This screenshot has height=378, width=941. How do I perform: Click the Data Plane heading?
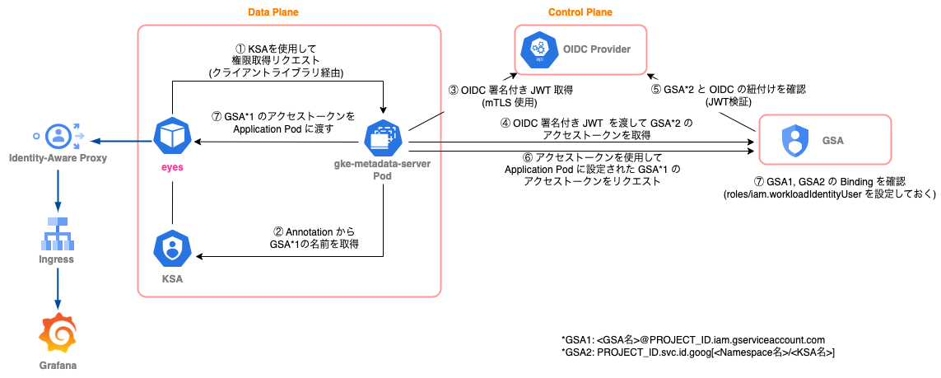pyautogui.click(x=273, y=12)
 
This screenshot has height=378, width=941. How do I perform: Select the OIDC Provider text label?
pyautogui.click(x=598, y=49)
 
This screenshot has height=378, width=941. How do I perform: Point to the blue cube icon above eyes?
pyautogui.click(x=172, y=137)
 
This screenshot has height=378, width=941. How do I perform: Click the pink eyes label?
pyautogui.click(x=172, y=166)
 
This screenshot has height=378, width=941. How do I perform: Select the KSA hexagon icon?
pyautogui.click(x=172, y=248)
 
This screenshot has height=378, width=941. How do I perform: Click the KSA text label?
pyautogui.click(x=172, y=280)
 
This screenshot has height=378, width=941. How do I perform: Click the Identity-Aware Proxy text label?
pyautogui.click(x=57, y=157)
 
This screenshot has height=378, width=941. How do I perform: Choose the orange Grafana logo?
pyautogui.click(x=58, y=333)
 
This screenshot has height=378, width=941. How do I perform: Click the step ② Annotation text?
pyautogui.click(x=315, y=237)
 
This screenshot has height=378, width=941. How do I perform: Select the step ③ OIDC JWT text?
pyautogui.click(x=510, y=96)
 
